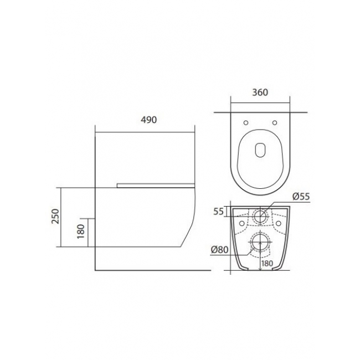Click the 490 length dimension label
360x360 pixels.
pyautogui.click(x=149, y=120)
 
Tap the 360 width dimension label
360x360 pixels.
pyautogui.click(x=260, y=92)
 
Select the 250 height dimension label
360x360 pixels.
pyautogui.click(x=55, y=216)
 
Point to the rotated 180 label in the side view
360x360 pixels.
pyautogui.click(x=81, y=232)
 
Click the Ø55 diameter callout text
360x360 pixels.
pyautogui.click(x=301, y=197)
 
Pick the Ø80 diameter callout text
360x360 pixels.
pyautogui.click(x=220, y=250)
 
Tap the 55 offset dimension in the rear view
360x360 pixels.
pyautogui.click(x=218, y=212)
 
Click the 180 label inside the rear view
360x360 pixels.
pyautogui.click(x=267, y=263)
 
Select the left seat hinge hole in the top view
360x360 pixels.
pyautogui.click(x=246, y=123)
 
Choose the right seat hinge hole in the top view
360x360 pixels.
pyautogui.click(x=275, y=123)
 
